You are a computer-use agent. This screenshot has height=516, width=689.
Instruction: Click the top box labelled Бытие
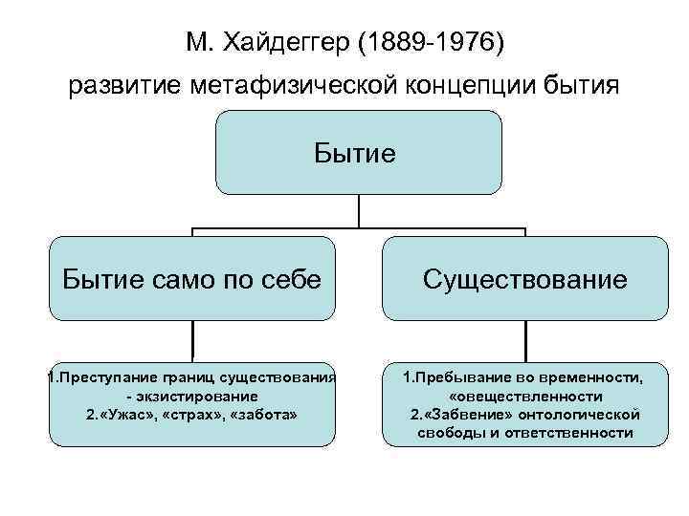tap(358, 153)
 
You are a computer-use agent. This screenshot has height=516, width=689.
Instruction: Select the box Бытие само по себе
tap(192, 279)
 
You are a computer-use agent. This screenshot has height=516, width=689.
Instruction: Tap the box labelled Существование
tap(525, 279)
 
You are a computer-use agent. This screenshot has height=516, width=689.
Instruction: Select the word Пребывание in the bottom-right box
tap(459, 377)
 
